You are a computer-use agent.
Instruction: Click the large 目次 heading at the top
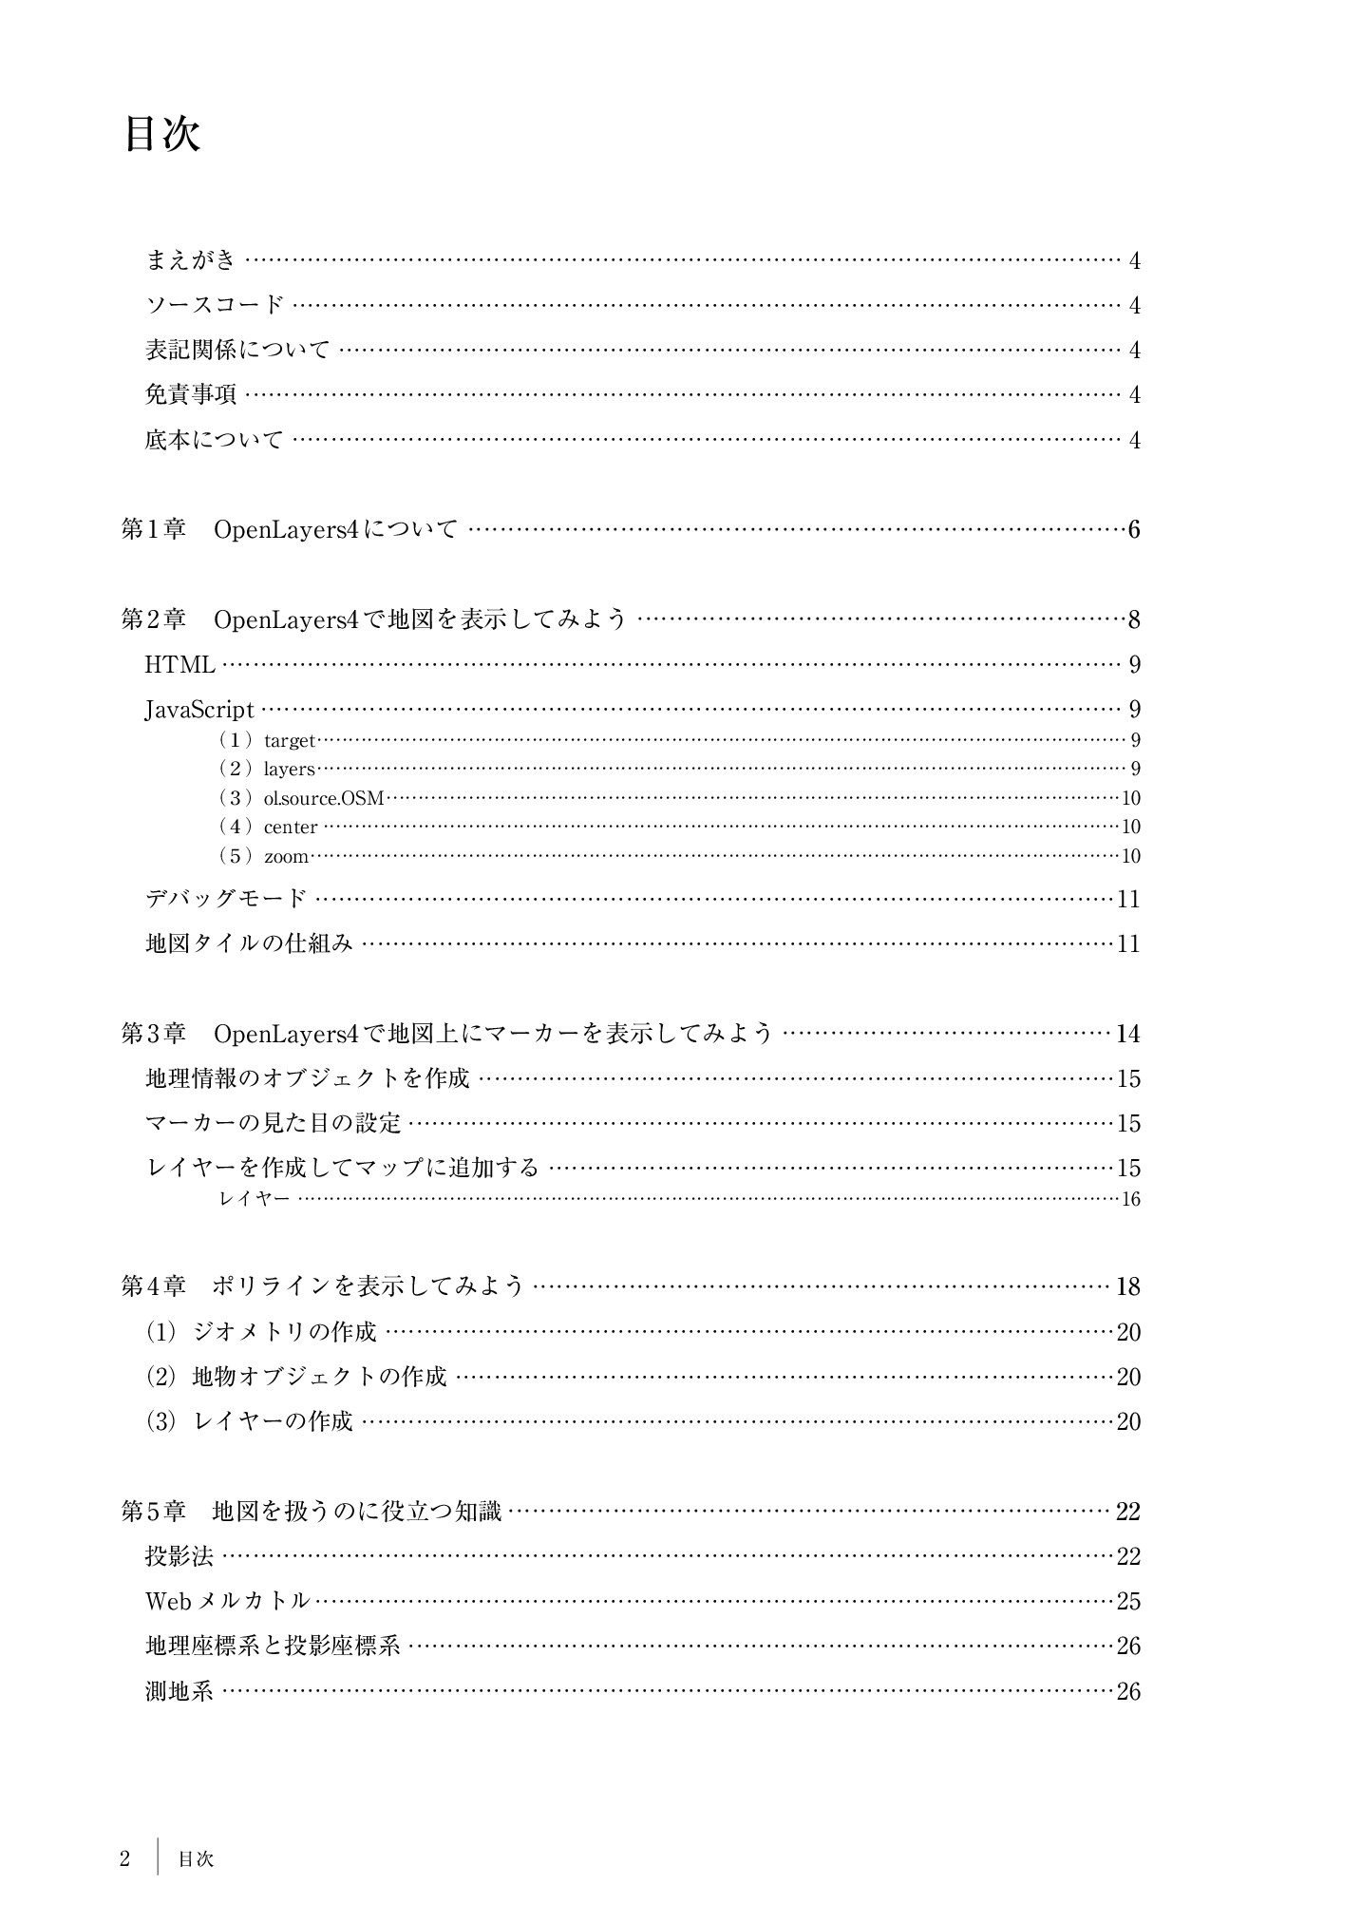(161, 134)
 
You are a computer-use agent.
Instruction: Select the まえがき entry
(190, 259)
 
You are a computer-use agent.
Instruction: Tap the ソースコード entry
(214, 305)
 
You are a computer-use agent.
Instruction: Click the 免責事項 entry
(190, 394)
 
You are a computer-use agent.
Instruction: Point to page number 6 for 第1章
(1133, 529)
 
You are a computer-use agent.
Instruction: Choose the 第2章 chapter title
(373, 619)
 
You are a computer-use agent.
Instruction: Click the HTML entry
(180, 665)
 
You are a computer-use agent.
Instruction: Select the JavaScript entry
(199, 710)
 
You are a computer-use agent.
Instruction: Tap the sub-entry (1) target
(267, 740)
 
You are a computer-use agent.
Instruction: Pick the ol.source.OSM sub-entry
(323, 798)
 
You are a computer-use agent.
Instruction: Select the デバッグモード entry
(226, 898)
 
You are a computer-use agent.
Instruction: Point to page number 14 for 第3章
(1127, 1034)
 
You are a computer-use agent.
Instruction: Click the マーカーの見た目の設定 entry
(274, 1123)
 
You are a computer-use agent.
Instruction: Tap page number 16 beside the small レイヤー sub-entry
(1130, 1199)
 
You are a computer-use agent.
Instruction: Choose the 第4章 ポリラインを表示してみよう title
(323, 1286)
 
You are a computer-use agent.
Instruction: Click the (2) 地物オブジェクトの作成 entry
(295, 1377)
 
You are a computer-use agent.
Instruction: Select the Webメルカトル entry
(228, 1601)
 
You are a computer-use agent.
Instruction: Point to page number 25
(1128, 1602)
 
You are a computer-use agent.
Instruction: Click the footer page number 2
(124, 1858)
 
